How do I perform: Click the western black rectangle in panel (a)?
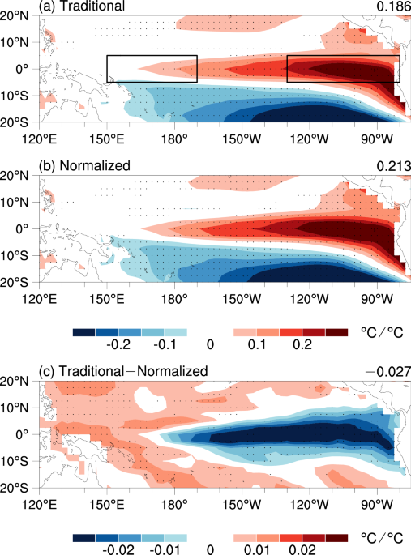[x=152, y=69]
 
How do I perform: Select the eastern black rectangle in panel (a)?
[x=343, y=69]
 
